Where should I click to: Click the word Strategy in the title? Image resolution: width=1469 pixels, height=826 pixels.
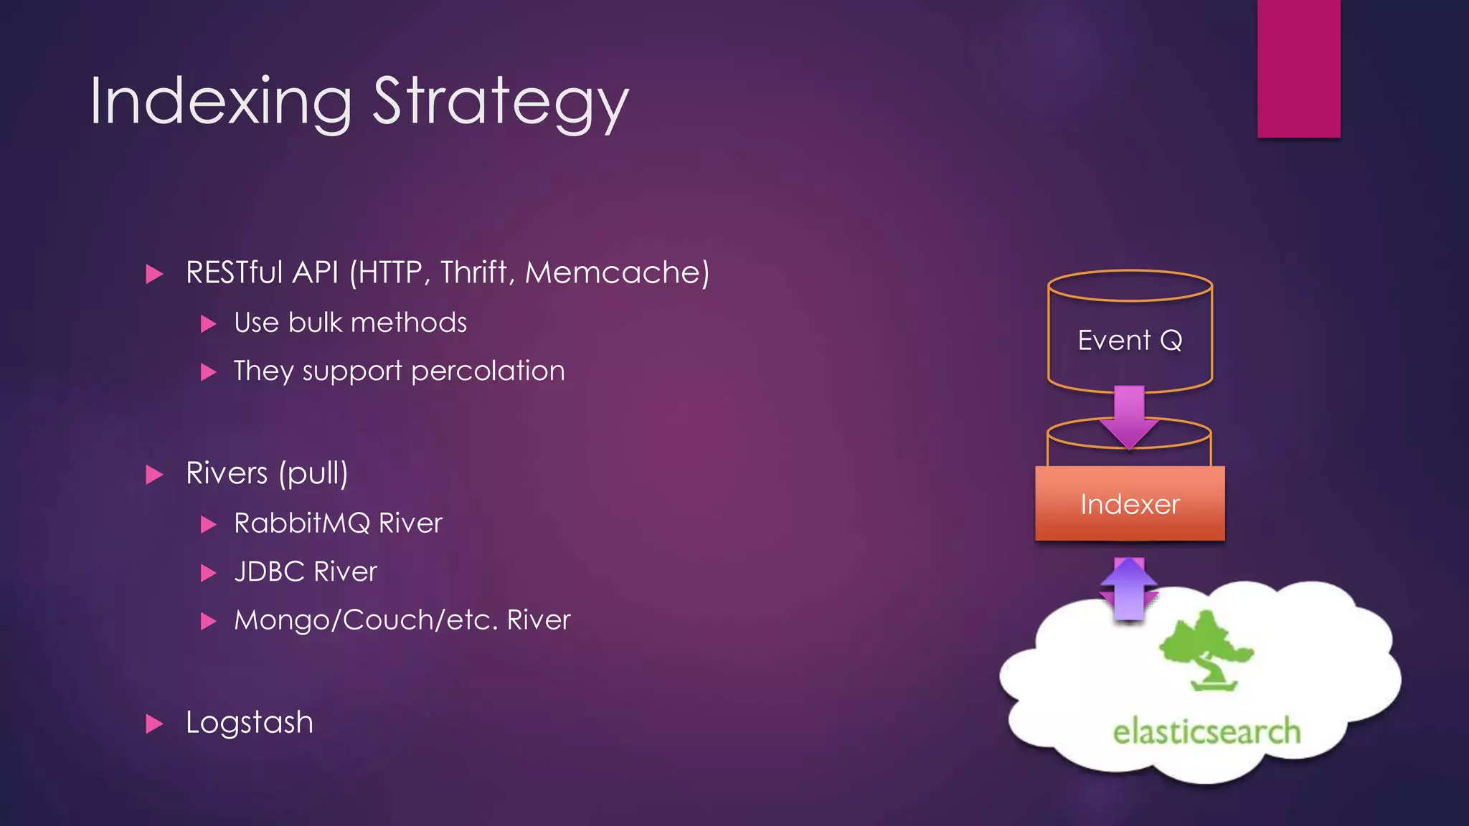pos(500,102)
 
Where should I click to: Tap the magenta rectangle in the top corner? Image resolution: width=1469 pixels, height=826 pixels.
pos(1298,68)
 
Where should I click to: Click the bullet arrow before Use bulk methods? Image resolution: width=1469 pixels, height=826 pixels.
pos(209,324)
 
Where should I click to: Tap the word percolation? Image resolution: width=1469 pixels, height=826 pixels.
pos(488,371)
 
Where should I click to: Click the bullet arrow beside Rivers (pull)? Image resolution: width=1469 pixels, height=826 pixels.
pos(154,475)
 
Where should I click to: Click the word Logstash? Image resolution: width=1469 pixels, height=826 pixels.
pos(250,722)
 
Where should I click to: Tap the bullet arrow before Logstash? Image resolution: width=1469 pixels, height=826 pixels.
pos(154,723)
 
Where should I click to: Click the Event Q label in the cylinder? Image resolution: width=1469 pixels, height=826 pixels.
pos(1130,340)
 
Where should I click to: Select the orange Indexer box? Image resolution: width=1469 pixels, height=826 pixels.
pos(1130,503)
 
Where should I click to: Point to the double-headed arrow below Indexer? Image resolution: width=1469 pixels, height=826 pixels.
pos(1129,589)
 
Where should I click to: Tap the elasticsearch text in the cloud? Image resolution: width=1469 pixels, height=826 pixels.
pos(1206,732)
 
